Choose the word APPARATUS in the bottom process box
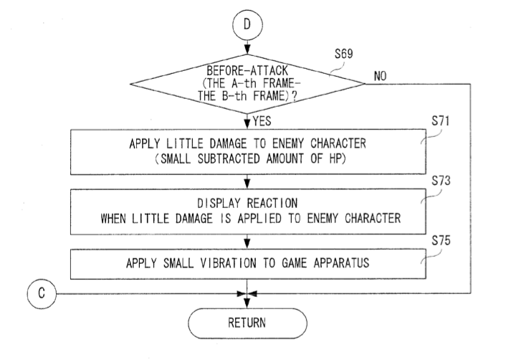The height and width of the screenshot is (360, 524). (337, 263)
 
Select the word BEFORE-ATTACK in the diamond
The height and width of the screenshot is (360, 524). (245, 72)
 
